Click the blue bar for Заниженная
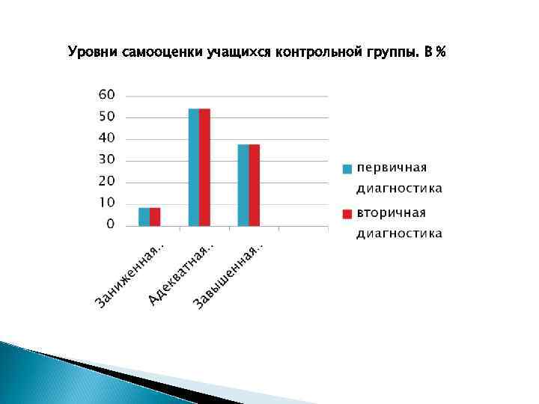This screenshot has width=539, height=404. tap(144, 216)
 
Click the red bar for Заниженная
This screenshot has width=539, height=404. tap(155, 216)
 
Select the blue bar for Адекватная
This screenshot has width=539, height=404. tap(193, 167)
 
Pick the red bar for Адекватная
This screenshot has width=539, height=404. tap(204, 167)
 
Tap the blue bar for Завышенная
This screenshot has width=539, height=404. tap(243, 185)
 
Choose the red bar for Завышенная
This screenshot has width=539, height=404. tap(255, 185)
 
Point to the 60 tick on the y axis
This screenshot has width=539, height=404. tap(107, 95)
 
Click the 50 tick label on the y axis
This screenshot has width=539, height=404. tap(107, 117)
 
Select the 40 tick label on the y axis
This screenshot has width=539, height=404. tap(107, 138)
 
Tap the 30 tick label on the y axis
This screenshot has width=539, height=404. tap(107, 159)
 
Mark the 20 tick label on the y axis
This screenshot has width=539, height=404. tap(107, 181)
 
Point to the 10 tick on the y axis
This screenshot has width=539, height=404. tap(107, 203)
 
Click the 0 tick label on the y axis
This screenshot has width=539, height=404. tap(111, 224)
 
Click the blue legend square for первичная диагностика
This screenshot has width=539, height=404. tap(347, 168)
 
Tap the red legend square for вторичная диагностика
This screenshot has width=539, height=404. tap(347, 213)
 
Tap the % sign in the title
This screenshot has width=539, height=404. tap(441, 52)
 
